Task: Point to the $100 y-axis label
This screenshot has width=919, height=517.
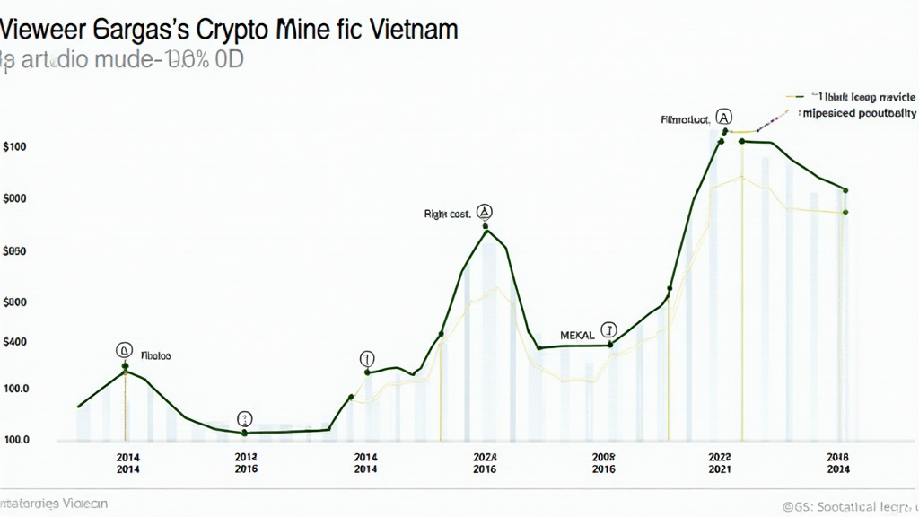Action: pyautogui.click(x=15, y=146)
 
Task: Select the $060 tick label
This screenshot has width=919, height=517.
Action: pyautogui.click(x=15, y=252)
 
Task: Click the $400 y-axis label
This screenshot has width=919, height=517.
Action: pyautogui.click(x=15, y=342)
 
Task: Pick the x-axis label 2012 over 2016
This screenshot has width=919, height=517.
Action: pyautogui.click(x=246, y=462)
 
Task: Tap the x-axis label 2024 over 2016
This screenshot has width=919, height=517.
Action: pyautogui.click(x=485, y=462)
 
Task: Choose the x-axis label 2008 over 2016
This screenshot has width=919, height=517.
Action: pyautogui.click(x=604, y=462)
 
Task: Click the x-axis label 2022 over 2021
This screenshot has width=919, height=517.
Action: pyautogui.click(x=720, y=462)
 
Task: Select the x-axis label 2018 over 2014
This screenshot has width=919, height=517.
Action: pyautogui.click(x=838, y=462)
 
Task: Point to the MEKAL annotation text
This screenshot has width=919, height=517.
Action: pyautogui.click(x=577, y=335)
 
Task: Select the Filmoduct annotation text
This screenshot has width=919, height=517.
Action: pyautogui.click(x=685, y=118)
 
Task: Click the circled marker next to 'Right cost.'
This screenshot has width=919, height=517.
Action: pyautogui.click(x=485, y=212)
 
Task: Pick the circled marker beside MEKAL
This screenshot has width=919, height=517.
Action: pyautogui.click(x=609, y=329)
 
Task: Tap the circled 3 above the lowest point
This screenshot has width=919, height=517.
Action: pyautogui.click(x=245, y=418)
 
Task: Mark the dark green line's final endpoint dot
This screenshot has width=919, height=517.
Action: pyautogui.click(x=845, y=190)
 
